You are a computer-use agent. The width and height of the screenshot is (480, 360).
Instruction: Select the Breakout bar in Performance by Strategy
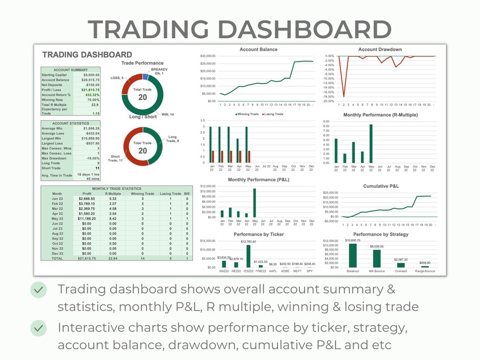(x=352, y=254)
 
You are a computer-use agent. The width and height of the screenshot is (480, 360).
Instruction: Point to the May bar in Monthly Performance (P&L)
(x=255, y=203)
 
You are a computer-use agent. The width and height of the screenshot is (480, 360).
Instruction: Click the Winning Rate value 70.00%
(x=91, y=100)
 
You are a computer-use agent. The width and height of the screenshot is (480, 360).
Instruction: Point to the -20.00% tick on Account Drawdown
(x=329, y=101)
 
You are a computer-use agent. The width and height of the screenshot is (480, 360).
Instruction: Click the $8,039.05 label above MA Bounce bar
(x=377, y=246)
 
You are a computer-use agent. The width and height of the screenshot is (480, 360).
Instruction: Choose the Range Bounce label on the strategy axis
(x=425, y=271)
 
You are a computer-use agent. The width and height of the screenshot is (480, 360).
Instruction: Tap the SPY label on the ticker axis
(x=310, y=271)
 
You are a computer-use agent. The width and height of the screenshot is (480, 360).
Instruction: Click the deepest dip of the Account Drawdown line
(x=343, y=95)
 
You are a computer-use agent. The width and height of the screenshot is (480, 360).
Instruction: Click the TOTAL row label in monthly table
(x=57, y=258)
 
